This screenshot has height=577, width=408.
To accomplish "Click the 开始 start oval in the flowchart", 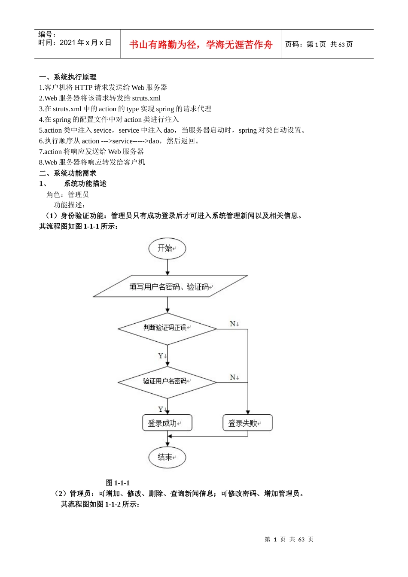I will (167, 249).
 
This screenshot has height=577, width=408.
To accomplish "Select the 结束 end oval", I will (167, 457).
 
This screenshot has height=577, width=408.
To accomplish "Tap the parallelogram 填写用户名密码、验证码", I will (170, 286).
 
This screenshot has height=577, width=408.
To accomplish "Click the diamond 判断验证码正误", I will (167, 328).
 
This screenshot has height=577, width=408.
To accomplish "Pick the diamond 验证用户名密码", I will (167, 382).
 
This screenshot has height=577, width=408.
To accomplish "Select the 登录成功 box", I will (167, 423).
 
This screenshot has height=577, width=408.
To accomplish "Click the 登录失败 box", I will (247, 423).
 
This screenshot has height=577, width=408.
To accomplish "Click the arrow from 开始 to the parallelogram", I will (167, 267).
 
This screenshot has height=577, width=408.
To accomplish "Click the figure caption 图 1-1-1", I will (118, 483).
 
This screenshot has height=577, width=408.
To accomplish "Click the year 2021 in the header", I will (67, 43).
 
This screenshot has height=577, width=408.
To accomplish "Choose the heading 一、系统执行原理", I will (67, 77).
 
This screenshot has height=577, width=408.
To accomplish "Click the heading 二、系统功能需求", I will (67, 173).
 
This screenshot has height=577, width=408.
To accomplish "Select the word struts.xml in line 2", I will (146, 98).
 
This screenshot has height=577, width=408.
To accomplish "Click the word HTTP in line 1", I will (83, 88).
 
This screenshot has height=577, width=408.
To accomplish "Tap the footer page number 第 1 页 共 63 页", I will (289, 540).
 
